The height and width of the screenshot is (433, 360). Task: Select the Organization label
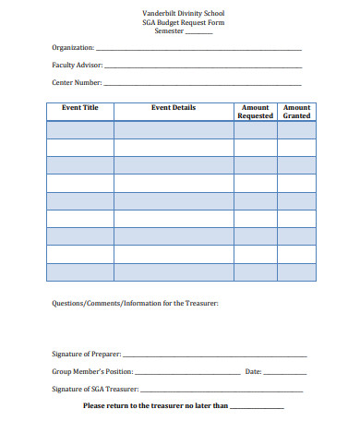pyautogui.click(x=73, y=48)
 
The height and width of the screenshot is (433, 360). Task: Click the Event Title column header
pyautogui.click(x=79, y=108)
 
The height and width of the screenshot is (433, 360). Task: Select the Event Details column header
pyautogui.click(x=174, y=108)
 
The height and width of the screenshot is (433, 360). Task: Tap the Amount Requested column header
pyautogui.click(x=255, y=112)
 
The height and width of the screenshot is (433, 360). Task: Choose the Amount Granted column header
pyautogui.click(x=296, y=112)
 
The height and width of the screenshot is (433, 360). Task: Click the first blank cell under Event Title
pyautogui.click(x=79, y=130)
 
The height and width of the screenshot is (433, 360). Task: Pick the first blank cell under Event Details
pyautogui.click(x=174, y=130)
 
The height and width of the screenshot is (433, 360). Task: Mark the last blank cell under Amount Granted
pyautogui.click(x=296, y=272)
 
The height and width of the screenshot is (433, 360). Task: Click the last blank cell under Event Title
pyautogui.click(x=79, y=272)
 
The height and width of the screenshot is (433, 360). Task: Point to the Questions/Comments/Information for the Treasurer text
pyautogui.click(x=135, y=303)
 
